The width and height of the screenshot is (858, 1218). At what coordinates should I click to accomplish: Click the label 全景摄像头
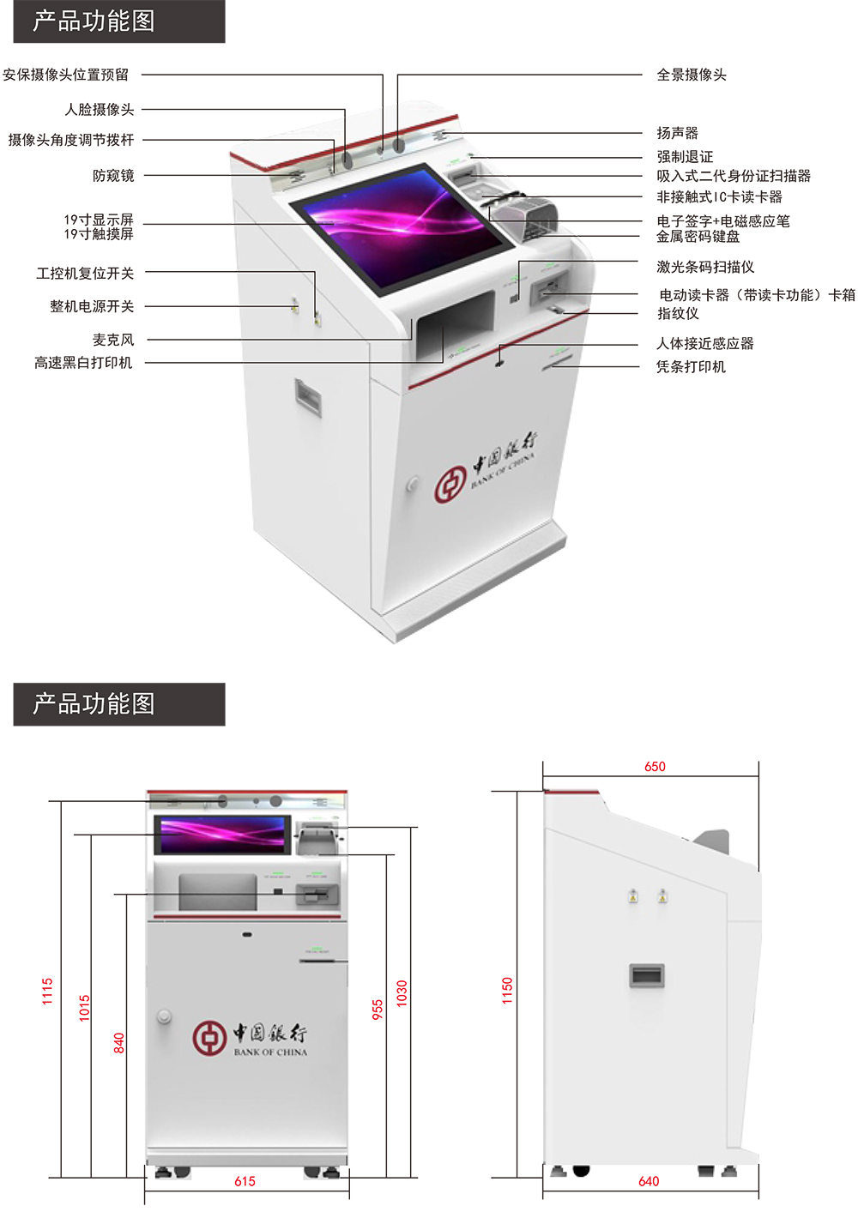691,75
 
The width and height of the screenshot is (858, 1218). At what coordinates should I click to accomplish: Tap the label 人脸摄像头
100,110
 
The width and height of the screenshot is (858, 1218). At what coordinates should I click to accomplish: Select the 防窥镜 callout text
113,176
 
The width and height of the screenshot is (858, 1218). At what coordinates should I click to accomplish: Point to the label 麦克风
113,340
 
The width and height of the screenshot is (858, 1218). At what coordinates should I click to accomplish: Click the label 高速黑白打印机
83,363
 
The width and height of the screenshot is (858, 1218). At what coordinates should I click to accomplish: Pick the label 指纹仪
678,314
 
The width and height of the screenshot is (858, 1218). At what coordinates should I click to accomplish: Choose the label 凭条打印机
691,367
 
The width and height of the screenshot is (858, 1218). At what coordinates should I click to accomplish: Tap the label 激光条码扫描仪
705,268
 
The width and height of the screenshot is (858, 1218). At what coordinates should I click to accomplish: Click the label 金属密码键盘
698,237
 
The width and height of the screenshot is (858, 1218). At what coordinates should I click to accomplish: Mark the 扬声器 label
677,133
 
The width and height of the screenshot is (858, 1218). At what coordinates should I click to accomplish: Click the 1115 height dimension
47,991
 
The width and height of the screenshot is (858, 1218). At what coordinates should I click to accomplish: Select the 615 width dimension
245,1182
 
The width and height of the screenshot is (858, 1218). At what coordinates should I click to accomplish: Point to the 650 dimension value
655,767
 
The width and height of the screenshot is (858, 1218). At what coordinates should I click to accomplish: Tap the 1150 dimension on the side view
507,991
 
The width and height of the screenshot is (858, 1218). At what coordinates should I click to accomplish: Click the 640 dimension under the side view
649,1182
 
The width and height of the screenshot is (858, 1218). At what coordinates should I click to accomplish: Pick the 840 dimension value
119,1043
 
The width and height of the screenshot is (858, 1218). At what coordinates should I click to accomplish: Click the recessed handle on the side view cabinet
647,975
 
